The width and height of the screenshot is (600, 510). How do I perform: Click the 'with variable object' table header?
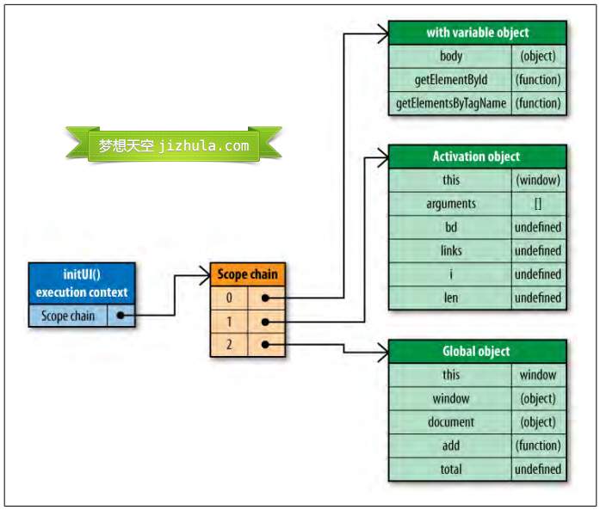[477, 33]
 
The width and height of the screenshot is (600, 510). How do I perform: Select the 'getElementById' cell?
[450, 80]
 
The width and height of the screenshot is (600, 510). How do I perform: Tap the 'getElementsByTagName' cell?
[450, 103]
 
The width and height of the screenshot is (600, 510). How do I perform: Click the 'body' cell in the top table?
[450, 57]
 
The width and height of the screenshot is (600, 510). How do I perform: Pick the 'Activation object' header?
[477, 157]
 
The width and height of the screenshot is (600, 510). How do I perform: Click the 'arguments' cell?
[450, 204]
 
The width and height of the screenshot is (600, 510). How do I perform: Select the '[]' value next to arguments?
[538, 204]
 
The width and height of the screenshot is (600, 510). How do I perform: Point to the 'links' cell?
[450, 251]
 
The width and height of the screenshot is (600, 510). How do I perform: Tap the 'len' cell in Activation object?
[450, 298]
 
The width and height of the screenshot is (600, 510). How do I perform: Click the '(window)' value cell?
[538, 181]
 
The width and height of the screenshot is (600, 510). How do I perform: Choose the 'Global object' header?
[477, 351]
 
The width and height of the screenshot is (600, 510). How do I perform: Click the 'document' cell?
[450, 422]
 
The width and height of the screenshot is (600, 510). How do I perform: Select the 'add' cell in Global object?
[450, 445]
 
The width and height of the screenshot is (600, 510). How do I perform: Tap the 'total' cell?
[450, 470]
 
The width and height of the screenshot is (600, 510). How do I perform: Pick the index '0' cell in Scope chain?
[229, 298]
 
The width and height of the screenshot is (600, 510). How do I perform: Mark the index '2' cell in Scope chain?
[229, 345]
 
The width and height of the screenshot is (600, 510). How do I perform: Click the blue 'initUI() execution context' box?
[81, 284]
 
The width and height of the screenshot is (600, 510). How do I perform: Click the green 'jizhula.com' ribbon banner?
[173, 145]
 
